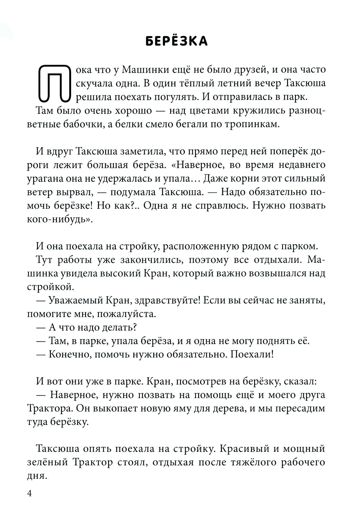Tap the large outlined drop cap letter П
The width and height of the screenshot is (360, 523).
pyautogui.click(x=54, y=83)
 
